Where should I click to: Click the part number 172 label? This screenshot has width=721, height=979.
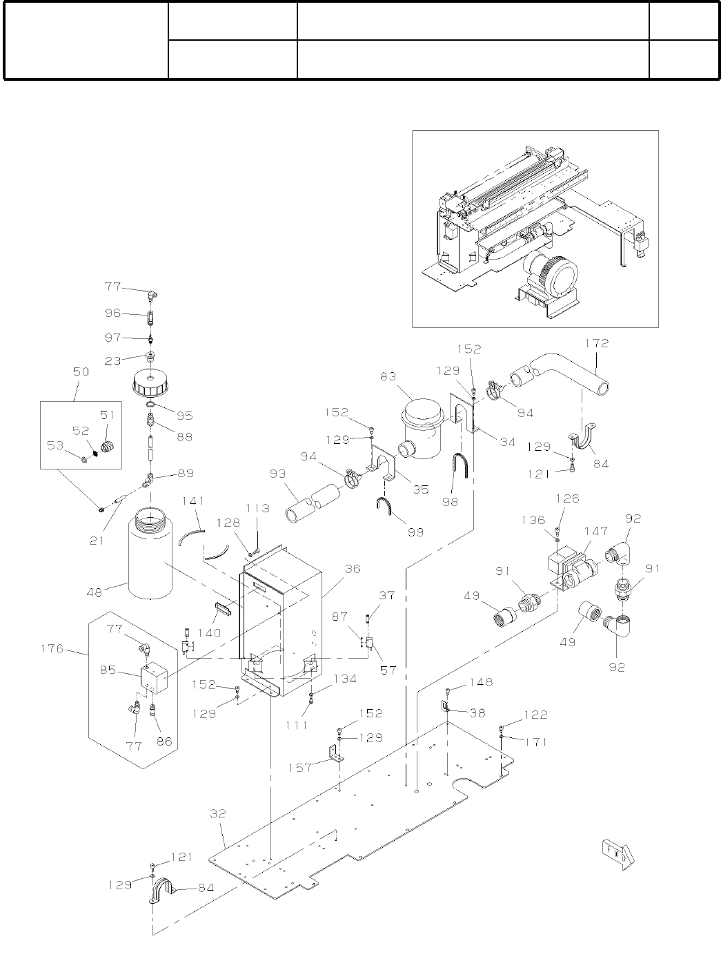597,344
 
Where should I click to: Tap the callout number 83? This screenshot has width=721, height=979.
388,376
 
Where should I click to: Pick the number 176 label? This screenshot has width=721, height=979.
52,648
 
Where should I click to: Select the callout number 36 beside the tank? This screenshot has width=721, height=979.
353,569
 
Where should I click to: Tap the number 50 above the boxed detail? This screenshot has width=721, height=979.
81,371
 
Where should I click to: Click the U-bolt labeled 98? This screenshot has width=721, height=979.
461,465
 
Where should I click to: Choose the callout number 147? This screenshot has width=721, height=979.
596,531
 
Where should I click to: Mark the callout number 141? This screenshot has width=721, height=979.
193,501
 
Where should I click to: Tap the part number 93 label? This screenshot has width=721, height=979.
278,474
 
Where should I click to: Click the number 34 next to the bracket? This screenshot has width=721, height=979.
507,442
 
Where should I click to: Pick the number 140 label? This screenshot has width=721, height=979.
209,632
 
